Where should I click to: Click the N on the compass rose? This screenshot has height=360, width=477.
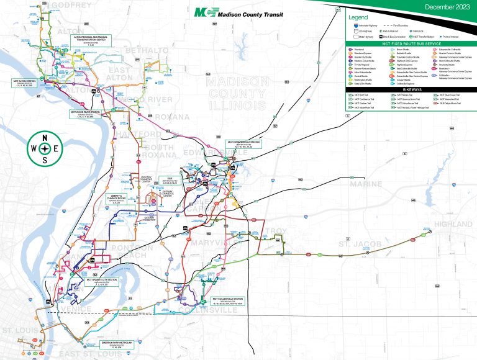tap(45, 138)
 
